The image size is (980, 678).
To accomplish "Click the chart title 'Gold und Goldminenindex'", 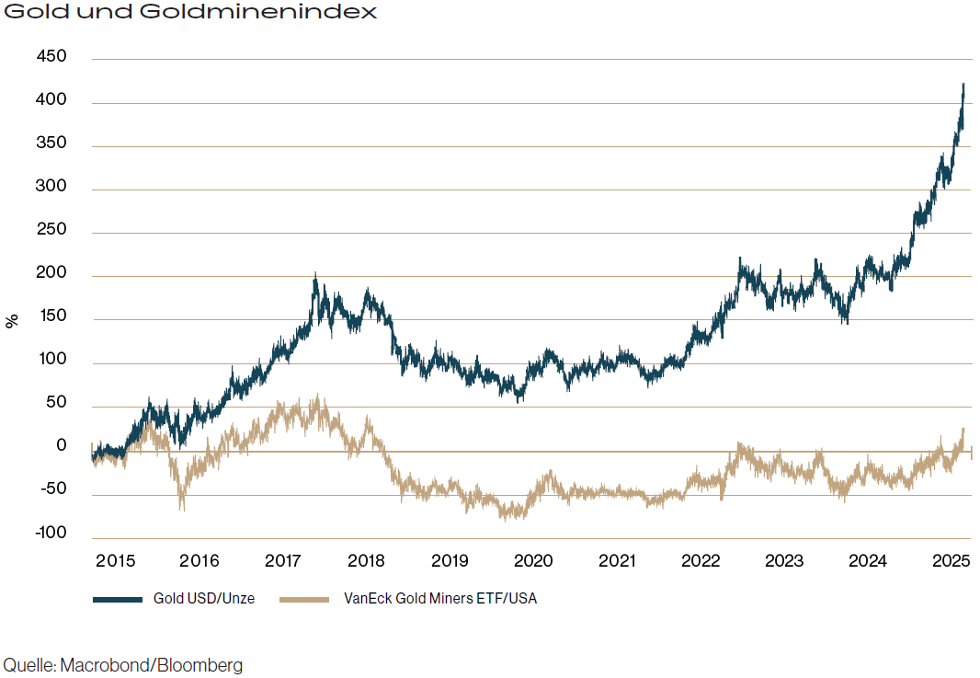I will click(x=191, y=13).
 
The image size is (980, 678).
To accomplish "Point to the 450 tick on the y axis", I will click(x=51, y=57).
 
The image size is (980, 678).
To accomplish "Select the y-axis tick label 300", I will click(x=51, y=188).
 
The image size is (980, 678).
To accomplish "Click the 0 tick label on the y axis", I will click(x=61, y=446).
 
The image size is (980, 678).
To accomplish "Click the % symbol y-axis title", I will click(x=12, y=321).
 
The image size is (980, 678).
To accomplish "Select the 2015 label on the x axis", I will click(x=115, y=560).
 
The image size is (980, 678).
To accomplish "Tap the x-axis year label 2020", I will click(x=532, y=560).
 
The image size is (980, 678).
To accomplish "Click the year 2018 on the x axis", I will click(x=366, y=560).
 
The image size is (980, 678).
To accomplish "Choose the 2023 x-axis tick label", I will click(x=783, y=560).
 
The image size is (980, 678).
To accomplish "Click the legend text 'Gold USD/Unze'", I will click(x=204, y=599).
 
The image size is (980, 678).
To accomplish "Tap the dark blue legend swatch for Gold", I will click(x=118, y=599).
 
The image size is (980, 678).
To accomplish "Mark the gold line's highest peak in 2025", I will click(x=963, y=85).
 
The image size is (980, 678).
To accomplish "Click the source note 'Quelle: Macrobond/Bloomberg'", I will click(x=123, y=665).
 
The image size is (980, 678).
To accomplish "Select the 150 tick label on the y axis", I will click(x=51, y=318).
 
